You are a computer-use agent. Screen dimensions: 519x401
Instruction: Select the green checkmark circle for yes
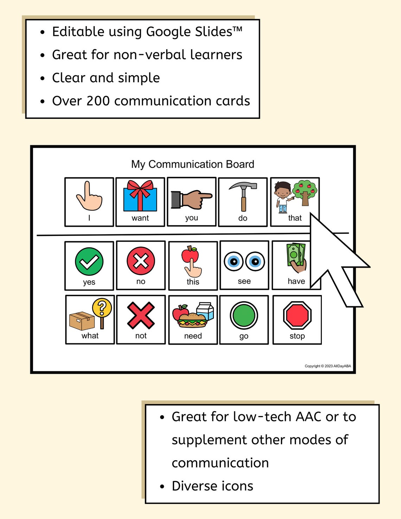(x=89, y=261)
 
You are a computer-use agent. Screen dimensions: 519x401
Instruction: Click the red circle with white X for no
(x=141, y=261)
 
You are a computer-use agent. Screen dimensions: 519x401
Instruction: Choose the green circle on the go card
(x=244, y=315)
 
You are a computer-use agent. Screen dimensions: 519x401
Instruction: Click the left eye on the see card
(x=234, y=261)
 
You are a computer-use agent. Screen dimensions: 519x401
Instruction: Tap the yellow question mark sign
(x=102, y=308)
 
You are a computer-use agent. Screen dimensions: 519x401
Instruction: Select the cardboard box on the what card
(x=82, y=321)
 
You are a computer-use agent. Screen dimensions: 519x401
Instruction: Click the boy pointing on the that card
(x=282, y=197)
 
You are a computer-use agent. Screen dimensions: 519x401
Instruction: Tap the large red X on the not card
(x=141, y=315)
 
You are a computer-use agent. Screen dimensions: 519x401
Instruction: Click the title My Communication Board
(x=192, y=164)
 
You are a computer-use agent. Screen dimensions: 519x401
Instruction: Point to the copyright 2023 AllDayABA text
(x=327, y=366)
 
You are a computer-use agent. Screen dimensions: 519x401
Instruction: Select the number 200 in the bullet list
(x=98, y=101)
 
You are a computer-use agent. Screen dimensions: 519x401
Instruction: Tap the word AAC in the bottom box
(x=308, y=417)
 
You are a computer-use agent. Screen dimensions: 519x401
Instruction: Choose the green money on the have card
(x=295, y=255)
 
